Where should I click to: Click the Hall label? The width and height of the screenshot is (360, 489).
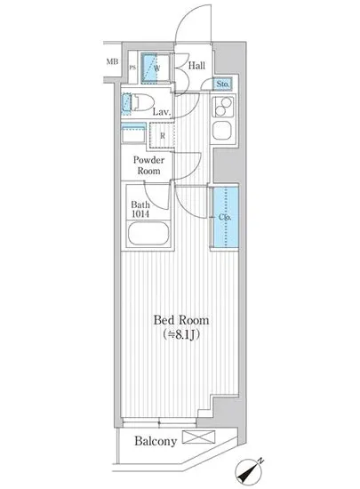(x=197, y=65)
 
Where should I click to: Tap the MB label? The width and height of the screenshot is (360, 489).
(x=112, y=61)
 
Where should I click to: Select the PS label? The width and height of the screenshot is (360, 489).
(x=132, y=68)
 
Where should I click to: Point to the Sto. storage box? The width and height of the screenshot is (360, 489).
(x=224, y=85)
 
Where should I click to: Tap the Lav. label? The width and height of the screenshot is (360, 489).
(x=161, y=113)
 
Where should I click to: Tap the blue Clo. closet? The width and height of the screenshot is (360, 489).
(x=224, y=218)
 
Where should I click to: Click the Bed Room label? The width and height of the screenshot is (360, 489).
(x=181, y=320)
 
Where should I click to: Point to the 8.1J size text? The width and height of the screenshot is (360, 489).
(x=182, y=336)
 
